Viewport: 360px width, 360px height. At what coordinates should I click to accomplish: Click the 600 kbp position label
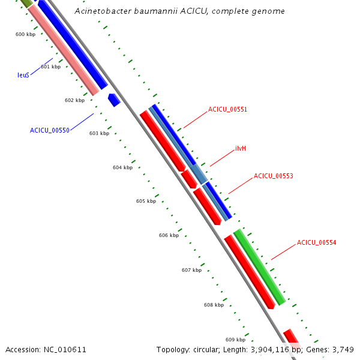click(x=25, y=34)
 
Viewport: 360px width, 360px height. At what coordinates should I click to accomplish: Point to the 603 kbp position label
click(x=99, y=133)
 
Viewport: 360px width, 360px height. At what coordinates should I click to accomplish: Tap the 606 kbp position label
click(x=169, y=236)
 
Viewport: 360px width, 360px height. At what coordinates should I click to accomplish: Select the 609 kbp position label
click(x=235, y=340)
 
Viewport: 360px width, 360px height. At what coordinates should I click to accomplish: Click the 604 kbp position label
click(x=122, y=167)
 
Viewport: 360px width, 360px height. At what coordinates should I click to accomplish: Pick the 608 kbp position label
click(x=214, y=305)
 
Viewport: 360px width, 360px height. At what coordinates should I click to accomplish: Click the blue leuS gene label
click(x=23, y=75)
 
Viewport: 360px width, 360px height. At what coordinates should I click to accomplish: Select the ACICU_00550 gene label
click(x=50, y=130)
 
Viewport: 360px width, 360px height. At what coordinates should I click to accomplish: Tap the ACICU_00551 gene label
click(x=227, y=110)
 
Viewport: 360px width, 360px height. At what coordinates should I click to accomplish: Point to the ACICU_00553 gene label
click(x=273, y=176)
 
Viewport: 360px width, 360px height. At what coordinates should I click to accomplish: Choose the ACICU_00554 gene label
click(x=316, y=243)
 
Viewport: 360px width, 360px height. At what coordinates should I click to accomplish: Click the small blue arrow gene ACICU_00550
click(x=114, y=100)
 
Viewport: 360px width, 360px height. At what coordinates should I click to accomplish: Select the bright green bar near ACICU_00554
click(x=259, y=266)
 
